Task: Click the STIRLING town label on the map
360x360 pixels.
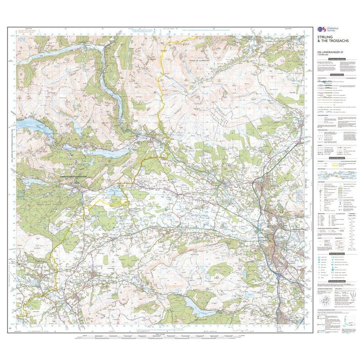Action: coord(261,237)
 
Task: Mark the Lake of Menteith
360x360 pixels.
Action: coord(115,194)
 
